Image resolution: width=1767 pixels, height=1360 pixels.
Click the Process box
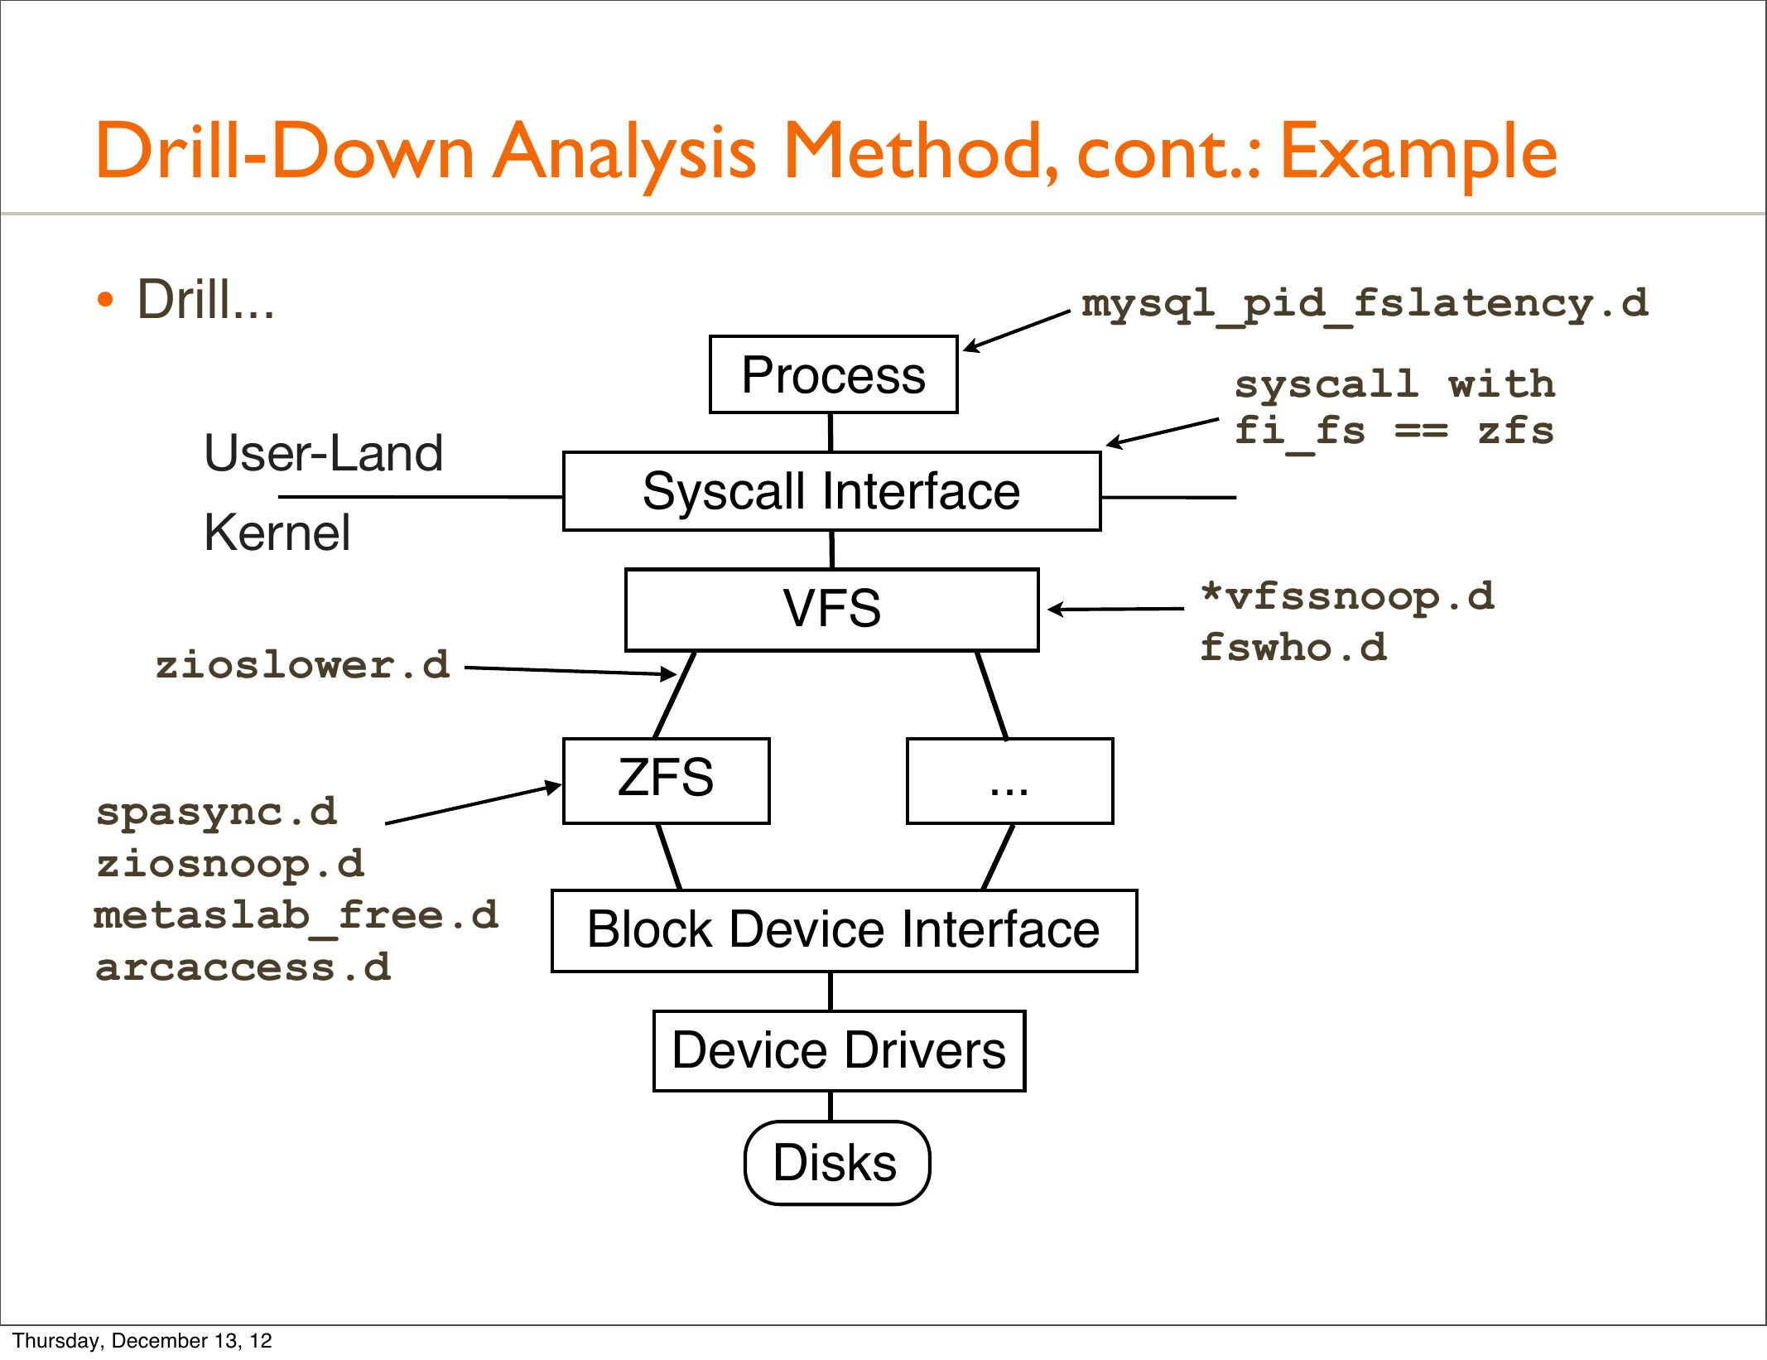coord(833,374)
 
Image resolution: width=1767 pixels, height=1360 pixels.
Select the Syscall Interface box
coord(831,491)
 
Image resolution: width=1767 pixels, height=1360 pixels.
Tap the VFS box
coord(831,610)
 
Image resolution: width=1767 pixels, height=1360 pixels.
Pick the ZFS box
coord(666,781)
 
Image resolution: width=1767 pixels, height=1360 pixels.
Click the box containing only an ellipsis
coord(1009,781)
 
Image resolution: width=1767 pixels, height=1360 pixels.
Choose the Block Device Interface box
coord(844,931)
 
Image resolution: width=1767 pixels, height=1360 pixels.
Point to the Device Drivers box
coord(839,1051)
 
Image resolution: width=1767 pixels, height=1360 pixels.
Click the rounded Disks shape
coord(836,1163)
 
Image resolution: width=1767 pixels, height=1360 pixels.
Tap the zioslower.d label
coord(303,665)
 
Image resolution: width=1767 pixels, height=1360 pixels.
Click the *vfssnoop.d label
coord(1348,596)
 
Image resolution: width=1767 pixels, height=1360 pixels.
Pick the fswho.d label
coord(1294,647)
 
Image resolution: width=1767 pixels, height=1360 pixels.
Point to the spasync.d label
coord(217,813)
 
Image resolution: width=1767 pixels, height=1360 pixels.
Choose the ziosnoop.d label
coord(230,864)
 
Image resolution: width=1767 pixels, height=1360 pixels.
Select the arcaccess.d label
coord(243,967)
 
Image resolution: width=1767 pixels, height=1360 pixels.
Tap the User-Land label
coord(324,453)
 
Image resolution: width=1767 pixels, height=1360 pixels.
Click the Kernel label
coord(277,532)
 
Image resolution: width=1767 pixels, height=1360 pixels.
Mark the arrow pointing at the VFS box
coord(1116,609)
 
